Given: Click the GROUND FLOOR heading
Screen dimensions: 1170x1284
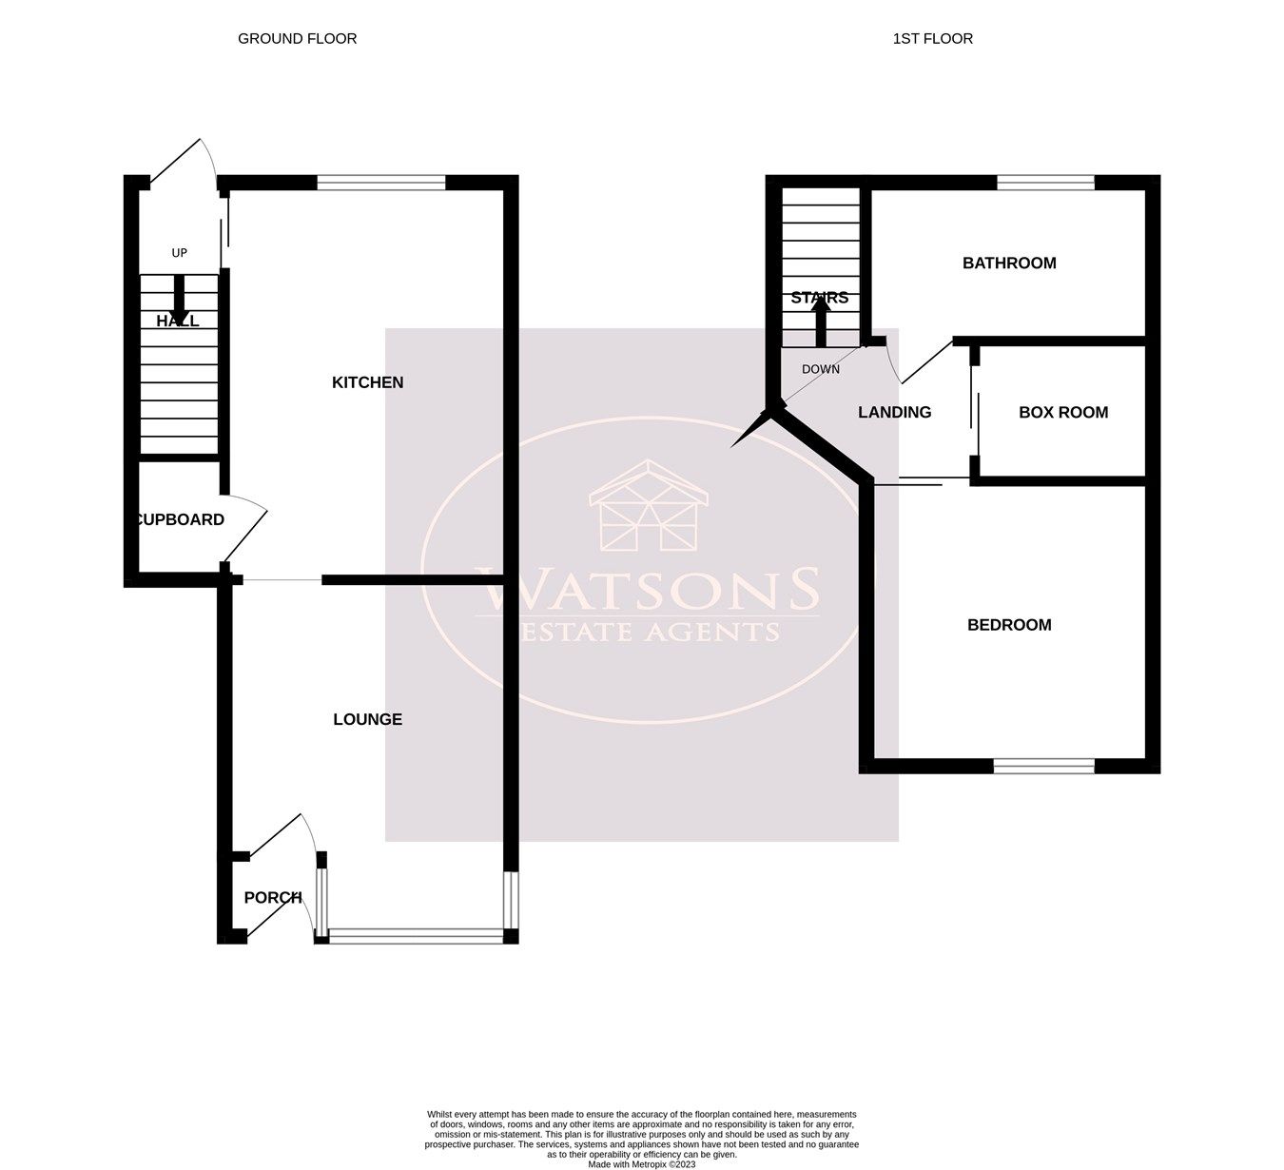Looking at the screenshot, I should click(x=297, y=39).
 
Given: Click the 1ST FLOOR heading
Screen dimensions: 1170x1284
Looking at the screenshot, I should click(x=932, y=39).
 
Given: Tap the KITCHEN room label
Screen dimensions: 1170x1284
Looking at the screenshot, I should click(x=367, y=382).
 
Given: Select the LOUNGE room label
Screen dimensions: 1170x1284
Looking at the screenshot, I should click(x=367, y=720).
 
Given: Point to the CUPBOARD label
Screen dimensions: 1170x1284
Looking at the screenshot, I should click(x=180, y=520).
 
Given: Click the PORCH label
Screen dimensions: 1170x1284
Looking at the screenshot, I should click(x=272, y=898).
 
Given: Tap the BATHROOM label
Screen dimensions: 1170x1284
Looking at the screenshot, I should click(x=1009, y=263).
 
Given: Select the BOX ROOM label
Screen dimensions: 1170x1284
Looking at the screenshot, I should click(x=1062, y=413).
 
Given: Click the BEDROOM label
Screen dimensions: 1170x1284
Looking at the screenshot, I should click(x=1009, y=625).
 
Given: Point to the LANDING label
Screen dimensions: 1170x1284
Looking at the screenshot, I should click(x=894, y=413).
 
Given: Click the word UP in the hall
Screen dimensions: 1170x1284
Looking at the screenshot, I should click(x=179, y=253).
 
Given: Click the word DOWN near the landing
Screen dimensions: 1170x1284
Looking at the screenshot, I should click(x=820, y=369).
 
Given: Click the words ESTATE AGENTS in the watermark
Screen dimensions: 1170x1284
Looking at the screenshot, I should click(x=647, y=632).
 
